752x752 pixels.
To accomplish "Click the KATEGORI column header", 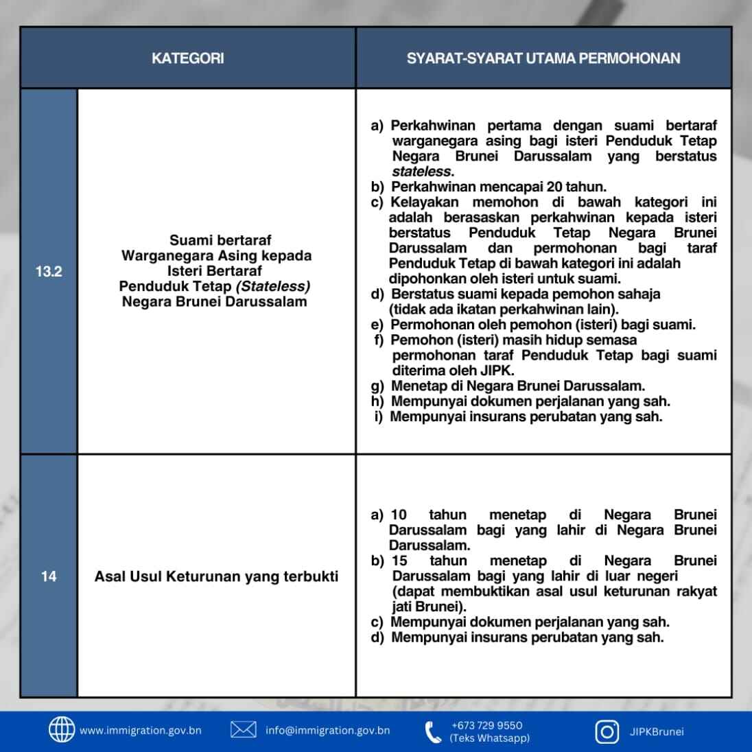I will click(187, 58).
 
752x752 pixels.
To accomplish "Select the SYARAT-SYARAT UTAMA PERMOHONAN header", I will click(543, 58).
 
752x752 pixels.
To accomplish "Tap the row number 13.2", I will click(48, 271).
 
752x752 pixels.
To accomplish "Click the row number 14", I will click(48, 576).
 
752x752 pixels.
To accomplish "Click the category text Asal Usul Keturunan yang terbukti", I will click(216, 576).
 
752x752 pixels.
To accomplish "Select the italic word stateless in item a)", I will click(422, 172).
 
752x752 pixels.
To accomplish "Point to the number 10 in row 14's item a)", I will click(399, 515).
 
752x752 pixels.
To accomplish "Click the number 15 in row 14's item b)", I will click(399, 561).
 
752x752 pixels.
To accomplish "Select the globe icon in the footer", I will click(62, 730).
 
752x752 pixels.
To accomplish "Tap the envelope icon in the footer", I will click(244, 730).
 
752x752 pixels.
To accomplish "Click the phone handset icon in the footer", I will click(433, 732).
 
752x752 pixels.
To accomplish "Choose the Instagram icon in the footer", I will click(607, 731).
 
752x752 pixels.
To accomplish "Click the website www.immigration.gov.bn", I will click(141, 731).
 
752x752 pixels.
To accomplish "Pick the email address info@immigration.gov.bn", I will click(328, 731).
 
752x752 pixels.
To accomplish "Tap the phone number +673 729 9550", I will click(487, 725).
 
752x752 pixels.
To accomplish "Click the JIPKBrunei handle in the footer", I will click(657, 731).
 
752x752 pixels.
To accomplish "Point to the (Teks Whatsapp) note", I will click(489, 738).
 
